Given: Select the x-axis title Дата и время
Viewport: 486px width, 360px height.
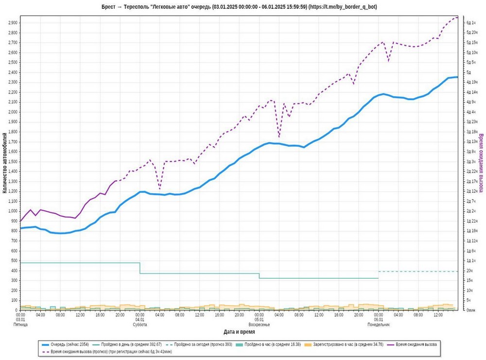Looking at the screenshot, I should pyautogui.click(x=239, y=332).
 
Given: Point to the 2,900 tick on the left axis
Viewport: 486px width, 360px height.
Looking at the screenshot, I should pyautogui.click(x=13, y=23).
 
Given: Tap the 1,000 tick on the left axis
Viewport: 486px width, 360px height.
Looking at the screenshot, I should pyautogui.click(x=13, y=211).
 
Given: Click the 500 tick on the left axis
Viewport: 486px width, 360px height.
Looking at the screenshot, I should pyautogui.click(x=15, y=260).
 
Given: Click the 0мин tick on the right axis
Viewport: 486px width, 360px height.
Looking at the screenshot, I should pyautogui.click(x=470, y=310).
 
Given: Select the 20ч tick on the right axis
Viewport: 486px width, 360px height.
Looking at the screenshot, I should pyautogui.click(x=469, y=271).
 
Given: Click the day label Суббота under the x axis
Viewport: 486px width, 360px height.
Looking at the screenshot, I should pyautogui.click(x=140, y=325).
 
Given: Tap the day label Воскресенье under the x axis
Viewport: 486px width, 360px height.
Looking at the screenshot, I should pyautogui.click(x=259, y=325).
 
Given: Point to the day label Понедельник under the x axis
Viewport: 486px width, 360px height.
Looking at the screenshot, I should pyautogui.click(x=378, y=325).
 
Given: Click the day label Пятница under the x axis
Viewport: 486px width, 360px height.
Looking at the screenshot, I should pyautogui.click(x=20, y=325).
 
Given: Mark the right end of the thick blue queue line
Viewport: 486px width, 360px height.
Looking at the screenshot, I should pyautogui.click(x=457, y=77).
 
